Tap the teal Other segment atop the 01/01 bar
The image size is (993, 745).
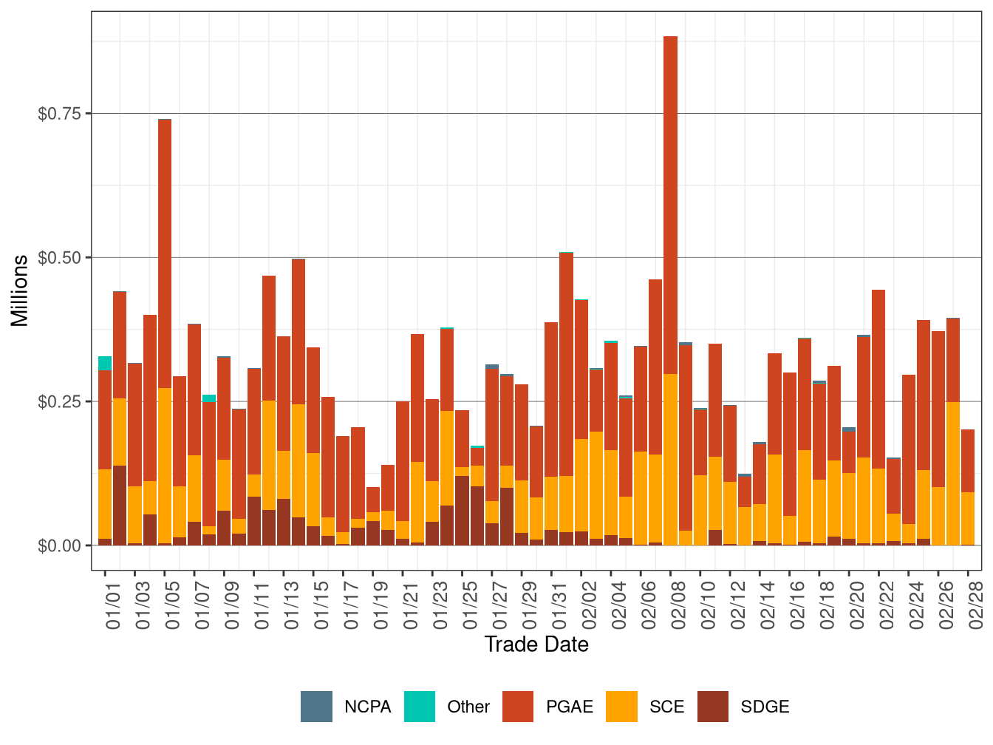105,363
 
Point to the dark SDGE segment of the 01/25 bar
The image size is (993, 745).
463,511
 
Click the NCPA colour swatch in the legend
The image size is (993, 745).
316,707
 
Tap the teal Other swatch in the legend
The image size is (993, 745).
420,707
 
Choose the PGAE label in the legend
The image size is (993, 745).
570,707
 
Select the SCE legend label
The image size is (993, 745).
666,707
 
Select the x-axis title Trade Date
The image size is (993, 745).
536,644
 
